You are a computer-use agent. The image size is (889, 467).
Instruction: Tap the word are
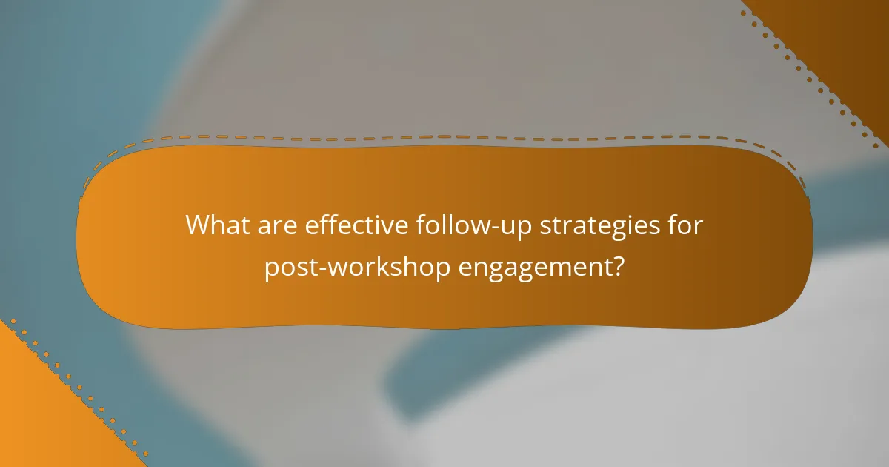pyautogui.click(x=280, y=225)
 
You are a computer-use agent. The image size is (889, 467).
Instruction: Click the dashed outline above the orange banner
pyautogui.click(x=444, y=137)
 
